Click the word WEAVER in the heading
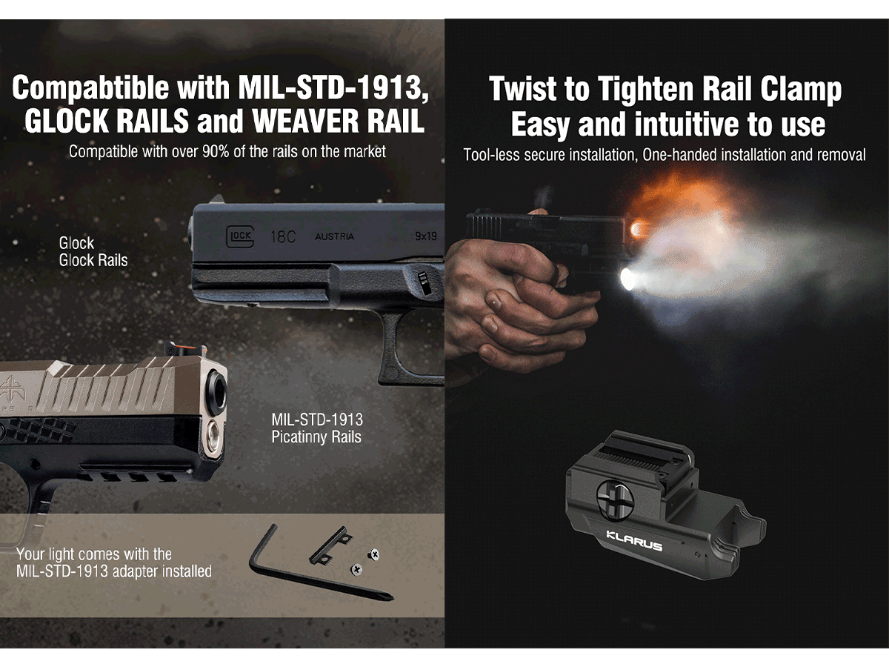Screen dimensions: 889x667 pos(305,121)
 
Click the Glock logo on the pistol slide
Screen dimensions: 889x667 pos(240,236)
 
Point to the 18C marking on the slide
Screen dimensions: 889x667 pos(283,236)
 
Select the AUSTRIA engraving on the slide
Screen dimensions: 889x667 pos(334,236)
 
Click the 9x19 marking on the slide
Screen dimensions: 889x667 pos(426,236)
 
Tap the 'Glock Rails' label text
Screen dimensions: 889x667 pos(93,260)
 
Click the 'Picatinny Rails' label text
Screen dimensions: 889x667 pos(316,437)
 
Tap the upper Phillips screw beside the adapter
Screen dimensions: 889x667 pos(373,554)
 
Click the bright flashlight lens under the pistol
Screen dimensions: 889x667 pos(628,279)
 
